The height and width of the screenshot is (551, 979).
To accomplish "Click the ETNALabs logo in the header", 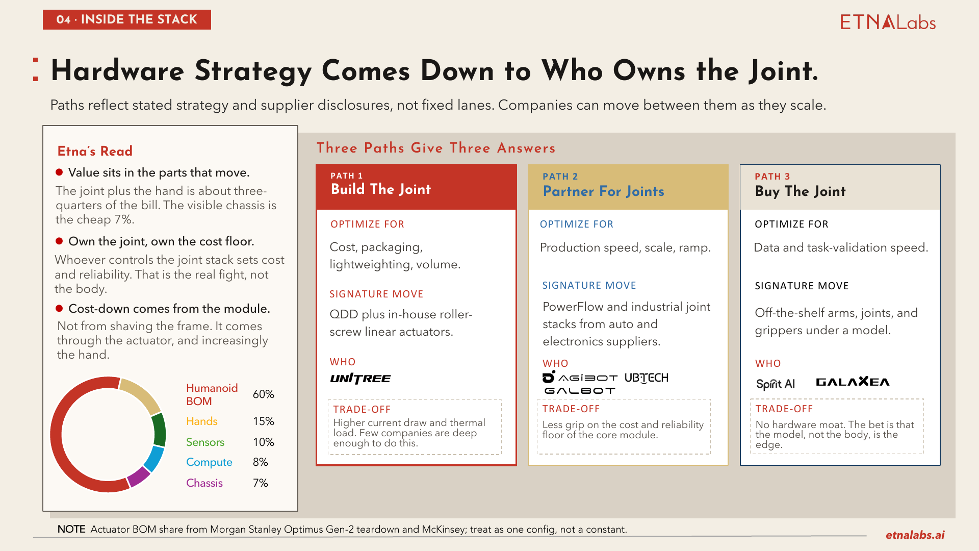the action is tap(888, 22).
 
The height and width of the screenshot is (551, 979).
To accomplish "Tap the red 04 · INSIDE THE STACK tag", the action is tap(127, 19).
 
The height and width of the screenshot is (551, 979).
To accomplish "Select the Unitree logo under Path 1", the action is tap(360, 379).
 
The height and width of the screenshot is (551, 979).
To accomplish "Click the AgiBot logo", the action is tap(580, 377).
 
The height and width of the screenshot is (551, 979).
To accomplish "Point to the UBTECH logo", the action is tap(646, 378).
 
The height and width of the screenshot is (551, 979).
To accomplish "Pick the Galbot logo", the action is tap(580, 391).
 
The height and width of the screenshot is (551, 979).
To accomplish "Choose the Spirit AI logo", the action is tap(775, 384).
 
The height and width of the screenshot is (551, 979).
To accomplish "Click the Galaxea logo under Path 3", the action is tap(853, 382).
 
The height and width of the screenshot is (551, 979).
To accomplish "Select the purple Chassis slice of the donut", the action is tap(139, 477).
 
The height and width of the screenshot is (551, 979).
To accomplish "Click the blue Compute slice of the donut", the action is tap(154, 458).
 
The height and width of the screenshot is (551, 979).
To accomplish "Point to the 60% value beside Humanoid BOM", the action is tap(263, 394).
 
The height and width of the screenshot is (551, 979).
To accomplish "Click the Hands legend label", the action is tap(201, 421).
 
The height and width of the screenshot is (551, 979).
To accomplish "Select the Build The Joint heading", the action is tap(381, 189).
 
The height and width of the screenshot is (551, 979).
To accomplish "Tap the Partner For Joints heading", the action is tap(604, 191).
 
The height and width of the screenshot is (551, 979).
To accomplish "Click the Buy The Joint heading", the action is tap(801, 191).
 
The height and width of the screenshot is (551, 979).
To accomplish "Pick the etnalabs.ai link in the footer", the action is tap(915, 535).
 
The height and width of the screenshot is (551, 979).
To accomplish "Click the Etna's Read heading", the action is tap(95, 151).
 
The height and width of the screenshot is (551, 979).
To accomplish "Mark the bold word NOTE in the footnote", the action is tap(71, 529).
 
